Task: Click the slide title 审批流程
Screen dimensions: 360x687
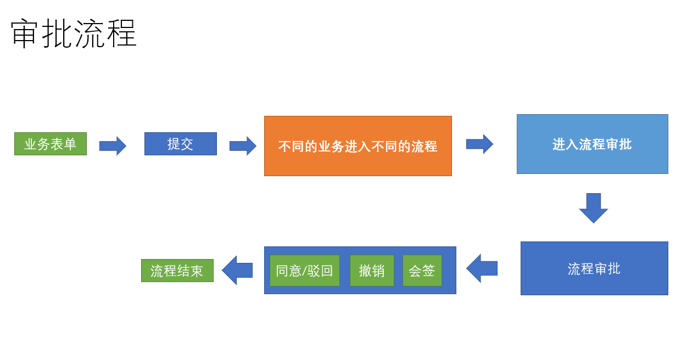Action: (74, 34)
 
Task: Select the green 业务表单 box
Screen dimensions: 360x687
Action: (51, 144)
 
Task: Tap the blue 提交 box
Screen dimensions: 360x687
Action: (181, 144)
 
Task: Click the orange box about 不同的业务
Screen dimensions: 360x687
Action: (358, 146)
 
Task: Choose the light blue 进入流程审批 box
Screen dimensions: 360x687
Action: (592, 144)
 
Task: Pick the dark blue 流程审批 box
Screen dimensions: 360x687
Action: (594, 268)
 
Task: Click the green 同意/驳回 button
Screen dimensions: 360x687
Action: (304, 271)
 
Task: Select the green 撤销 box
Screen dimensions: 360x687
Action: (371, 271)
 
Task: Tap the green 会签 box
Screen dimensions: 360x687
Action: (422, 271)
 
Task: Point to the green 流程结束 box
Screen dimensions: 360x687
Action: (177, 271)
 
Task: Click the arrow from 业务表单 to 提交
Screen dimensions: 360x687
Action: (113, 146)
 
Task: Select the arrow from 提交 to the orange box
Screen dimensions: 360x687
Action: (243, 146)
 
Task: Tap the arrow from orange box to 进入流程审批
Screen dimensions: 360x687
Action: (479, 144)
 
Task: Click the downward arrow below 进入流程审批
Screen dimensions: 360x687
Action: (594, 207)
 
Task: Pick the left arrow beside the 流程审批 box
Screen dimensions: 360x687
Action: (482, 268)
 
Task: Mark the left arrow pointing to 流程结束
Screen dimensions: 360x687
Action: (237, 270)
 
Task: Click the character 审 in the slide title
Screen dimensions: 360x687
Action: (25, 34)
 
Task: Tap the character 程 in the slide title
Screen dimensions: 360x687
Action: (121, 34)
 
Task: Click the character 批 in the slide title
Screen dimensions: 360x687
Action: (57, 34)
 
